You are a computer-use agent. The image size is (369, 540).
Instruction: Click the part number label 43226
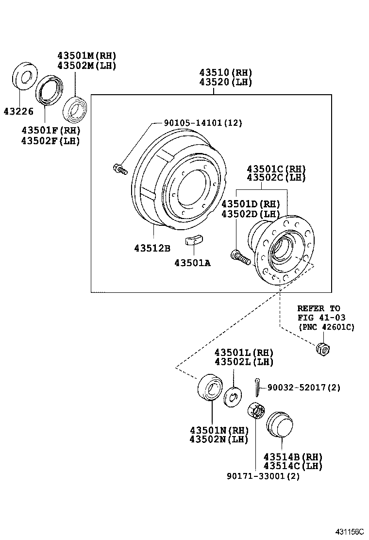point(18,112)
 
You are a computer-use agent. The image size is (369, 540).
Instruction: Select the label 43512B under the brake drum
point(152,248)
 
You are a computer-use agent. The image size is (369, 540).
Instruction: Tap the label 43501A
point(192,263)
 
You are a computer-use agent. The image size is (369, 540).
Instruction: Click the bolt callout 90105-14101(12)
point(196,123)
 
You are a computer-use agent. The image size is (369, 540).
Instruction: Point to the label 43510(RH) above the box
point(225,73)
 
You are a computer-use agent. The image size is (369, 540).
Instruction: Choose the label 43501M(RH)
point(86,56)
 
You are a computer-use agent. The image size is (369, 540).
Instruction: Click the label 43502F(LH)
point(50,140)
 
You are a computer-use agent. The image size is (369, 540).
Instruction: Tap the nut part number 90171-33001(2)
point(263,476)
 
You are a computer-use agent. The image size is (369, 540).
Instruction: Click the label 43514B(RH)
point(293,457)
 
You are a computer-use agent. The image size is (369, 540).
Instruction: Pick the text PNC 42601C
point(326,327)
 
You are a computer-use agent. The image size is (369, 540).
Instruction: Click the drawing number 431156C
point(348,532)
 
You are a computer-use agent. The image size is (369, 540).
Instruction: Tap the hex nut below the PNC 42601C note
point(322,348)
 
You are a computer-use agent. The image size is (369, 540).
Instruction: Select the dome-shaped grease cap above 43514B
point(279,425)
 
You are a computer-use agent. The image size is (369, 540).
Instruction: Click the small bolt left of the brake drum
point(119,169)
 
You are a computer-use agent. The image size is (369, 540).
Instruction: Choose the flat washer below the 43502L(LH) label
point(233,396)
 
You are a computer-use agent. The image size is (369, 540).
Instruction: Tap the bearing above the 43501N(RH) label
point(210,388)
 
